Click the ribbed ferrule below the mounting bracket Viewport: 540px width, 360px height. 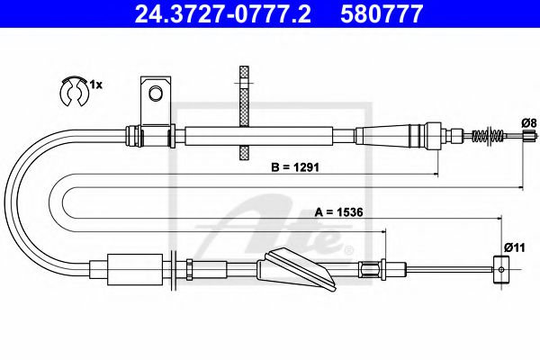(x=136, y=136)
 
